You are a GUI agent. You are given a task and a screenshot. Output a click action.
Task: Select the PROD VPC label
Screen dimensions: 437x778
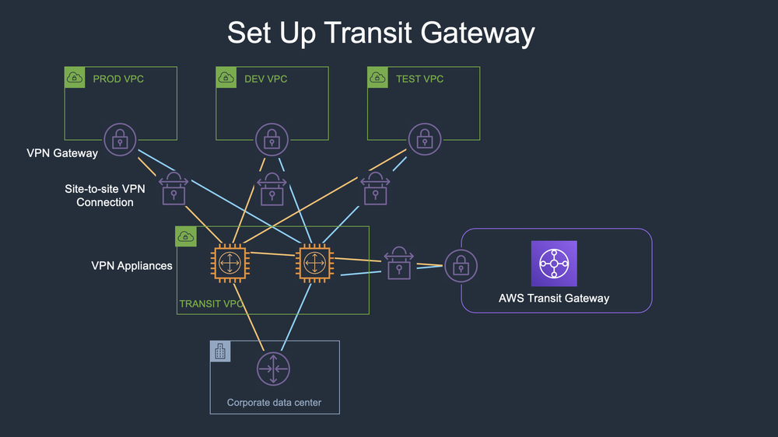tap(118, 79)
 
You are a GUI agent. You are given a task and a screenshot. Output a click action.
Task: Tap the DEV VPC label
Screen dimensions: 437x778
tap(265, 79)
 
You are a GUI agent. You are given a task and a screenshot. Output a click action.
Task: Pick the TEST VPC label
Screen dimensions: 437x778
tap(419, 79)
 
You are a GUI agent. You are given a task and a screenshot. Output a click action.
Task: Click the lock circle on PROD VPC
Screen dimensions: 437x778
tap(119, 140)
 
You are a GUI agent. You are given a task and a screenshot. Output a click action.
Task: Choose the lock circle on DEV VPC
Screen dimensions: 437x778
tap(271, 140)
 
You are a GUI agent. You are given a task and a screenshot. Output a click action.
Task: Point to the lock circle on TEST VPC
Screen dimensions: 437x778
tap(424, 140)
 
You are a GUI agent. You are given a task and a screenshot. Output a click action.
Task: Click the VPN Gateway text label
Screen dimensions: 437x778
tap(62, 153)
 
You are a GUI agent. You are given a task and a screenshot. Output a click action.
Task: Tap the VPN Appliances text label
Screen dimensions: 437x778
tap(131, 266)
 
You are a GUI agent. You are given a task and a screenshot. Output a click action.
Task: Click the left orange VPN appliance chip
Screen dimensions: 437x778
tap(229, 264)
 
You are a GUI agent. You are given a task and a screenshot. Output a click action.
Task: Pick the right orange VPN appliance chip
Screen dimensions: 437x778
tap(313, 264)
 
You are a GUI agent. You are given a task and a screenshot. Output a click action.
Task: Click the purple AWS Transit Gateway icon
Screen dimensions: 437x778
tap(554, 264)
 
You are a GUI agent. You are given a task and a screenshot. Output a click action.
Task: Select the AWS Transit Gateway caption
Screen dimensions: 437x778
tap(554, 298)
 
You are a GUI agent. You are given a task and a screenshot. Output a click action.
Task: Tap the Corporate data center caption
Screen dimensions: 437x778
tap(274, 402)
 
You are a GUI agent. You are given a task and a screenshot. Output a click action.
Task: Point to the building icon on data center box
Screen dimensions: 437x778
tap(220, 351)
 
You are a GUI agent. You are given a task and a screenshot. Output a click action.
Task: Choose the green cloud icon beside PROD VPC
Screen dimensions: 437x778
tap(75, 78)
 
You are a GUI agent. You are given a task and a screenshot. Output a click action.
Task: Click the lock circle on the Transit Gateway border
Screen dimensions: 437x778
tap(461, 266)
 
